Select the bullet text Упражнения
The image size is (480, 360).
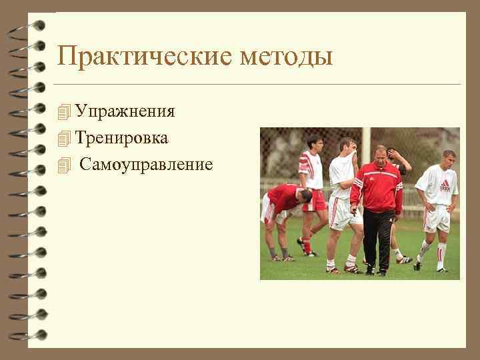point(125,111)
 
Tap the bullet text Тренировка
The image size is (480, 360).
point(121,138)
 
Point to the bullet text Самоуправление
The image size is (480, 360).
point(146,164)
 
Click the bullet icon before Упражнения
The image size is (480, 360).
point(64,111)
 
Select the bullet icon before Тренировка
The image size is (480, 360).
point(64,139)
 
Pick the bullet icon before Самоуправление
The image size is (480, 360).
point(64,165)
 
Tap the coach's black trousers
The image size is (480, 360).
point(377,237)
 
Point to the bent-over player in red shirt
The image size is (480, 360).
point(283,200)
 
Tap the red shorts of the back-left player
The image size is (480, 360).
point(315,200)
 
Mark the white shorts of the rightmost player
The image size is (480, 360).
point(437,218)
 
